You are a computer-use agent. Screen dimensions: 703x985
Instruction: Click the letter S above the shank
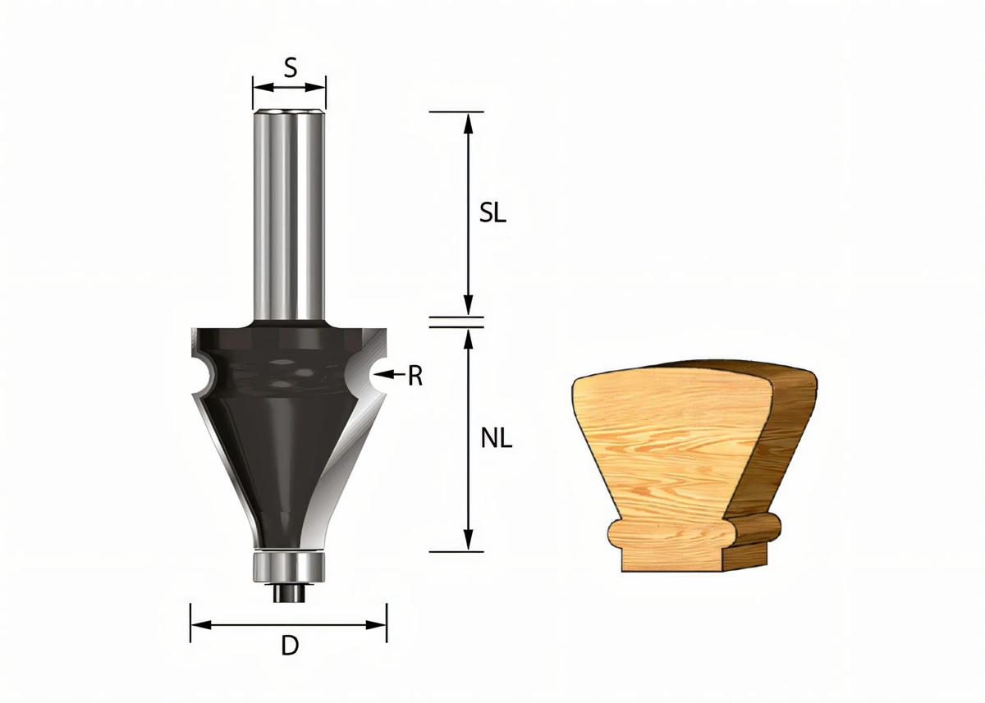tap(290, 67)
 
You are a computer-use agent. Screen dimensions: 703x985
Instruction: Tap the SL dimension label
tap(493, 214)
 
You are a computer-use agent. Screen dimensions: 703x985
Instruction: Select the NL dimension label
tap(496, 439)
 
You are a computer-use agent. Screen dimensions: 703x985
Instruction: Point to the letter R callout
tap(415, 377)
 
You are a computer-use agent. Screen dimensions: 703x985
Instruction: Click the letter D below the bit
tap(289, 646)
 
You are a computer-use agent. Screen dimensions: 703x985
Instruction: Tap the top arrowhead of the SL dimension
tap(468, 121)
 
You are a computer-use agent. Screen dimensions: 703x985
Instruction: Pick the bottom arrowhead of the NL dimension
tap(468, 542)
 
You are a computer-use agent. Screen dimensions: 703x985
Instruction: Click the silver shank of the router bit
tap(289, 213)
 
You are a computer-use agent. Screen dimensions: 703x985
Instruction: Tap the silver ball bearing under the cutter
tap(289, 565)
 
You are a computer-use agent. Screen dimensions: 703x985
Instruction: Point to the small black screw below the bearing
tap(289, 592)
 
